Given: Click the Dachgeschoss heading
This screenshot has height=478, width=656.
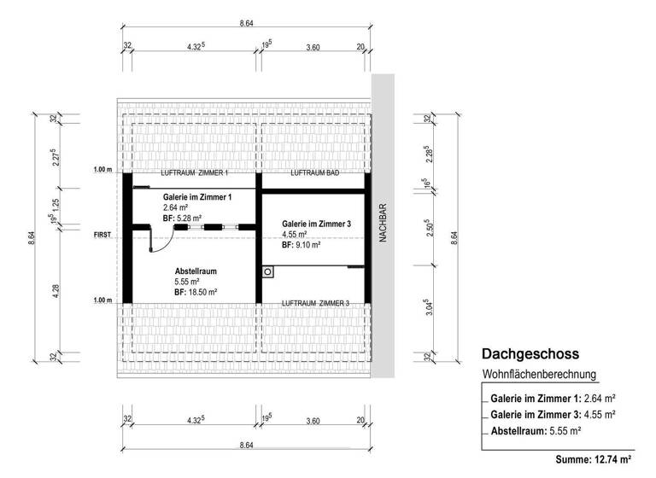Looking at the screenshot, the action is [x=531, y=353].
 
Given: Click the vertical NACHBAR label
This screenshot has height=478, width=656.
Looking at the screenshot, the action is [x=383, y=224].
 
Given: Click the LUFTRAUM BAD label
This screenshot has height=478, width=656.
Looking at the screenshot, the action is [x=315, y=173].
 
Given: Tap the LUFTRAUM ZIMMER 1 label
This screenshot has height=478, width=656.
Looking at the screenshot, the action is [x=194, y=173].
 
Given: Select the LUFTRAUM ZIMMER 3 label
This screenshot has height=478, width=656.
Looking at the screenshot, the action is [x=315, y=303].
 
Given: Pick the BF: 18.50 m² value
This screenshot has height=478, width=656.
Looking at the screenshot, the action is [x=196, y=291].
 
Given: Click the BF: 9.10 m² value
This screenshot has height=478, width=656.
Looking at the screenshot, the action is [x=301, y=244].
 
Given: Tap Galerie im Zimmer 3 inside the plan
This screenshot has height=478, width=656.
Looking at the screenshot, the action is [x=316, y=224].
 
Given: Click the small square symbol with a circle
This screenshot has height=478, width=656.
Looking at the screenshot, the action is [x=268, y=271].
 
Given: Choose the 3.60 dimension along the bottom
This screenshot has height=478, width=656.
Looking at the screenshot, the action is [x=313, y=420].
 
